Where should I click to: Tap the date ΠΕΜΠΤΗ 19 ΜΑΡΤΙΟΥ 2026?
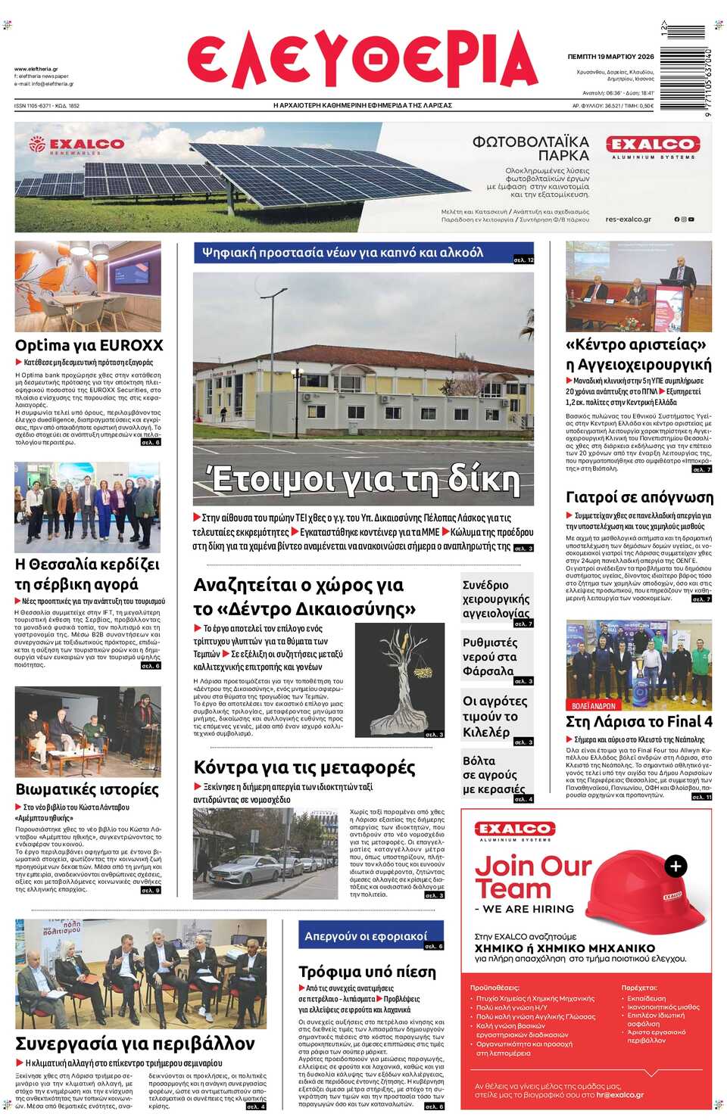(610, 57)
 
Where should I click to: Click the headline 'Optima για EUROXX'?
(89, 345)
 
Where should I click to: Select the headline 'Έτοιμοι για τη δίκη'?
(363, 479)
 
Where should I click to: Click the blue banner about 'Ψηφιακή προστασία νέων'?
(363, 253)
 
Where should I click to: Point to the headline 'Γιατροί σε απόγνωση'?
(639, 497)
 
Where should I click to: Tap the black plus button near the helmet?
(676, 866)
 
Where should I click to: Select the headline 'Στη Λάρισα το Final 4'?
(639, 721)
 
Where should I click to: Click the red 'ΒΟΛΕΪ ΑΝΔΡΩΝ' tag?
(593, 705)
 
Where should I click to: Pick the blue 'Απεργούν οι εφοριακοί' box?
(370, 936)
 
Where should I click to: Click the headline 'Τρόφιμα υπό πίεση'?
(367, 972)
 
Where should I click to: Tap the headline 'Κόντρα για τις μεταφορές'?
(304, 767)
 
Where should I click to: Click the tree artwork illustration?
(400, 680)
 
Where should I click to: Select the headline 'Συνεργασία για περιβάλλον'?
(135, 1044)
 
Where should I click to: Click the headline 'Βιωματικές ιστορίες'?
(87, 789)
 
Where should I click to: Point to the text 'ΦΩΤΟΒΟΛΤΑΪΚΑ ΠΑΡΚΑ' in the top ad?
(530, 148)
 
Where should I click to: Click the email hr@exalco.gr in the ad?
(619, 1095)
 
